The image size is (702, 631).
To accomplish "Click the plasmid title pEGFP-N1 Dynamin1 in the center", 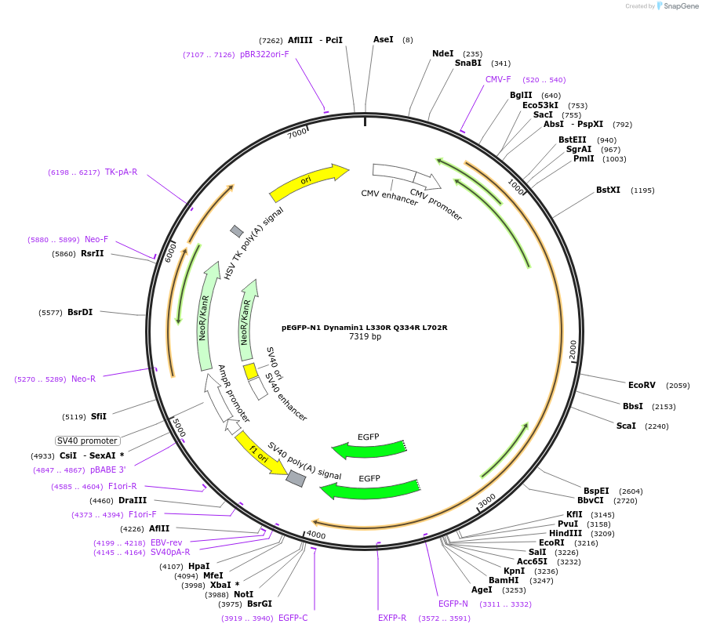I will [364, 327].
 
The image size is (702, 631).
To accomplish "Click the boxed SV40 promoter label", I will [87, 441].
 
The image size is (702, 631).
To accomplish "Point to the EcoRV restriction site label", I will [642, 385].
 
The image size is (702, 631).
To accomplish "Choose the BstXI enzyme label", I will [608, 190].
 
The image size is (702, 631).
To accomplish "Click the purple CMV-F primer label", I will [498, 79].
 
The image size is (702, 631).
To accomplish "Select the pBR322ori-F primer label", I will [264, 54].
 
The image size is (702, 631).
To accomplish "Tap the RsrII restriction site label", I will [93, 253].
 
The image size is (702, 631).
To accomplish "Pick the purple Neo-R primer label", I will [83, 379].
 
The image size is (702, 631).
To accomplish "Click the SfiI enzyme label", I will [99, 416].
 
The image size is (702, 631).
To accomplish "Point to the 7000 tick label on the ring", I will [296, 133].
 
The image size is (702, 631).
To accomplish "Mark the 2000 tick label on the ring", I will [573, 350].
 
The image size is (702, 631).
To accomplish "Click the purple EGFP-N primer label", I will [453, 604].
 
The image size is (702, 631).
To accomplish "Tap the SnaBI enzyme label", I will [468, 63].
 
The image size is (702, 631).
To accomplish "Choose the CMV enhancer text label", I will [389, 198].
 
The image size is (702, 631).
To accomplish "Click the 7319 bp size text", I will [365, 337].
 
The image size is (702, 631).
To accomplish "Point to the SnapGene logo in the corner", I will [677, 5].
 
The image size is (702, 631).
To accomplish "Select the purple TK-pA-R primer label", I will [121, 172].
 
